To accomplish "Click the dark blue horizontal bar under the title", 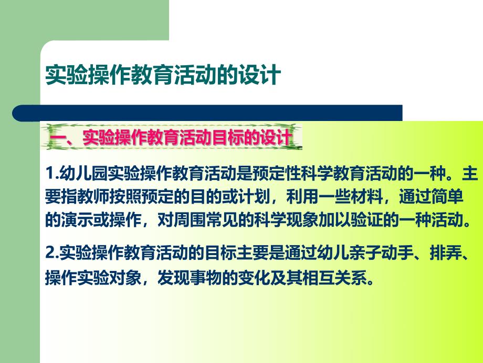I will [210, 113].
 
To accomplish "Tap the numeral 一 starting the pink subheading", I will [56, 138].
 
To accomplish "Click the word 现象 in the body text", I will [316, 219].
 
